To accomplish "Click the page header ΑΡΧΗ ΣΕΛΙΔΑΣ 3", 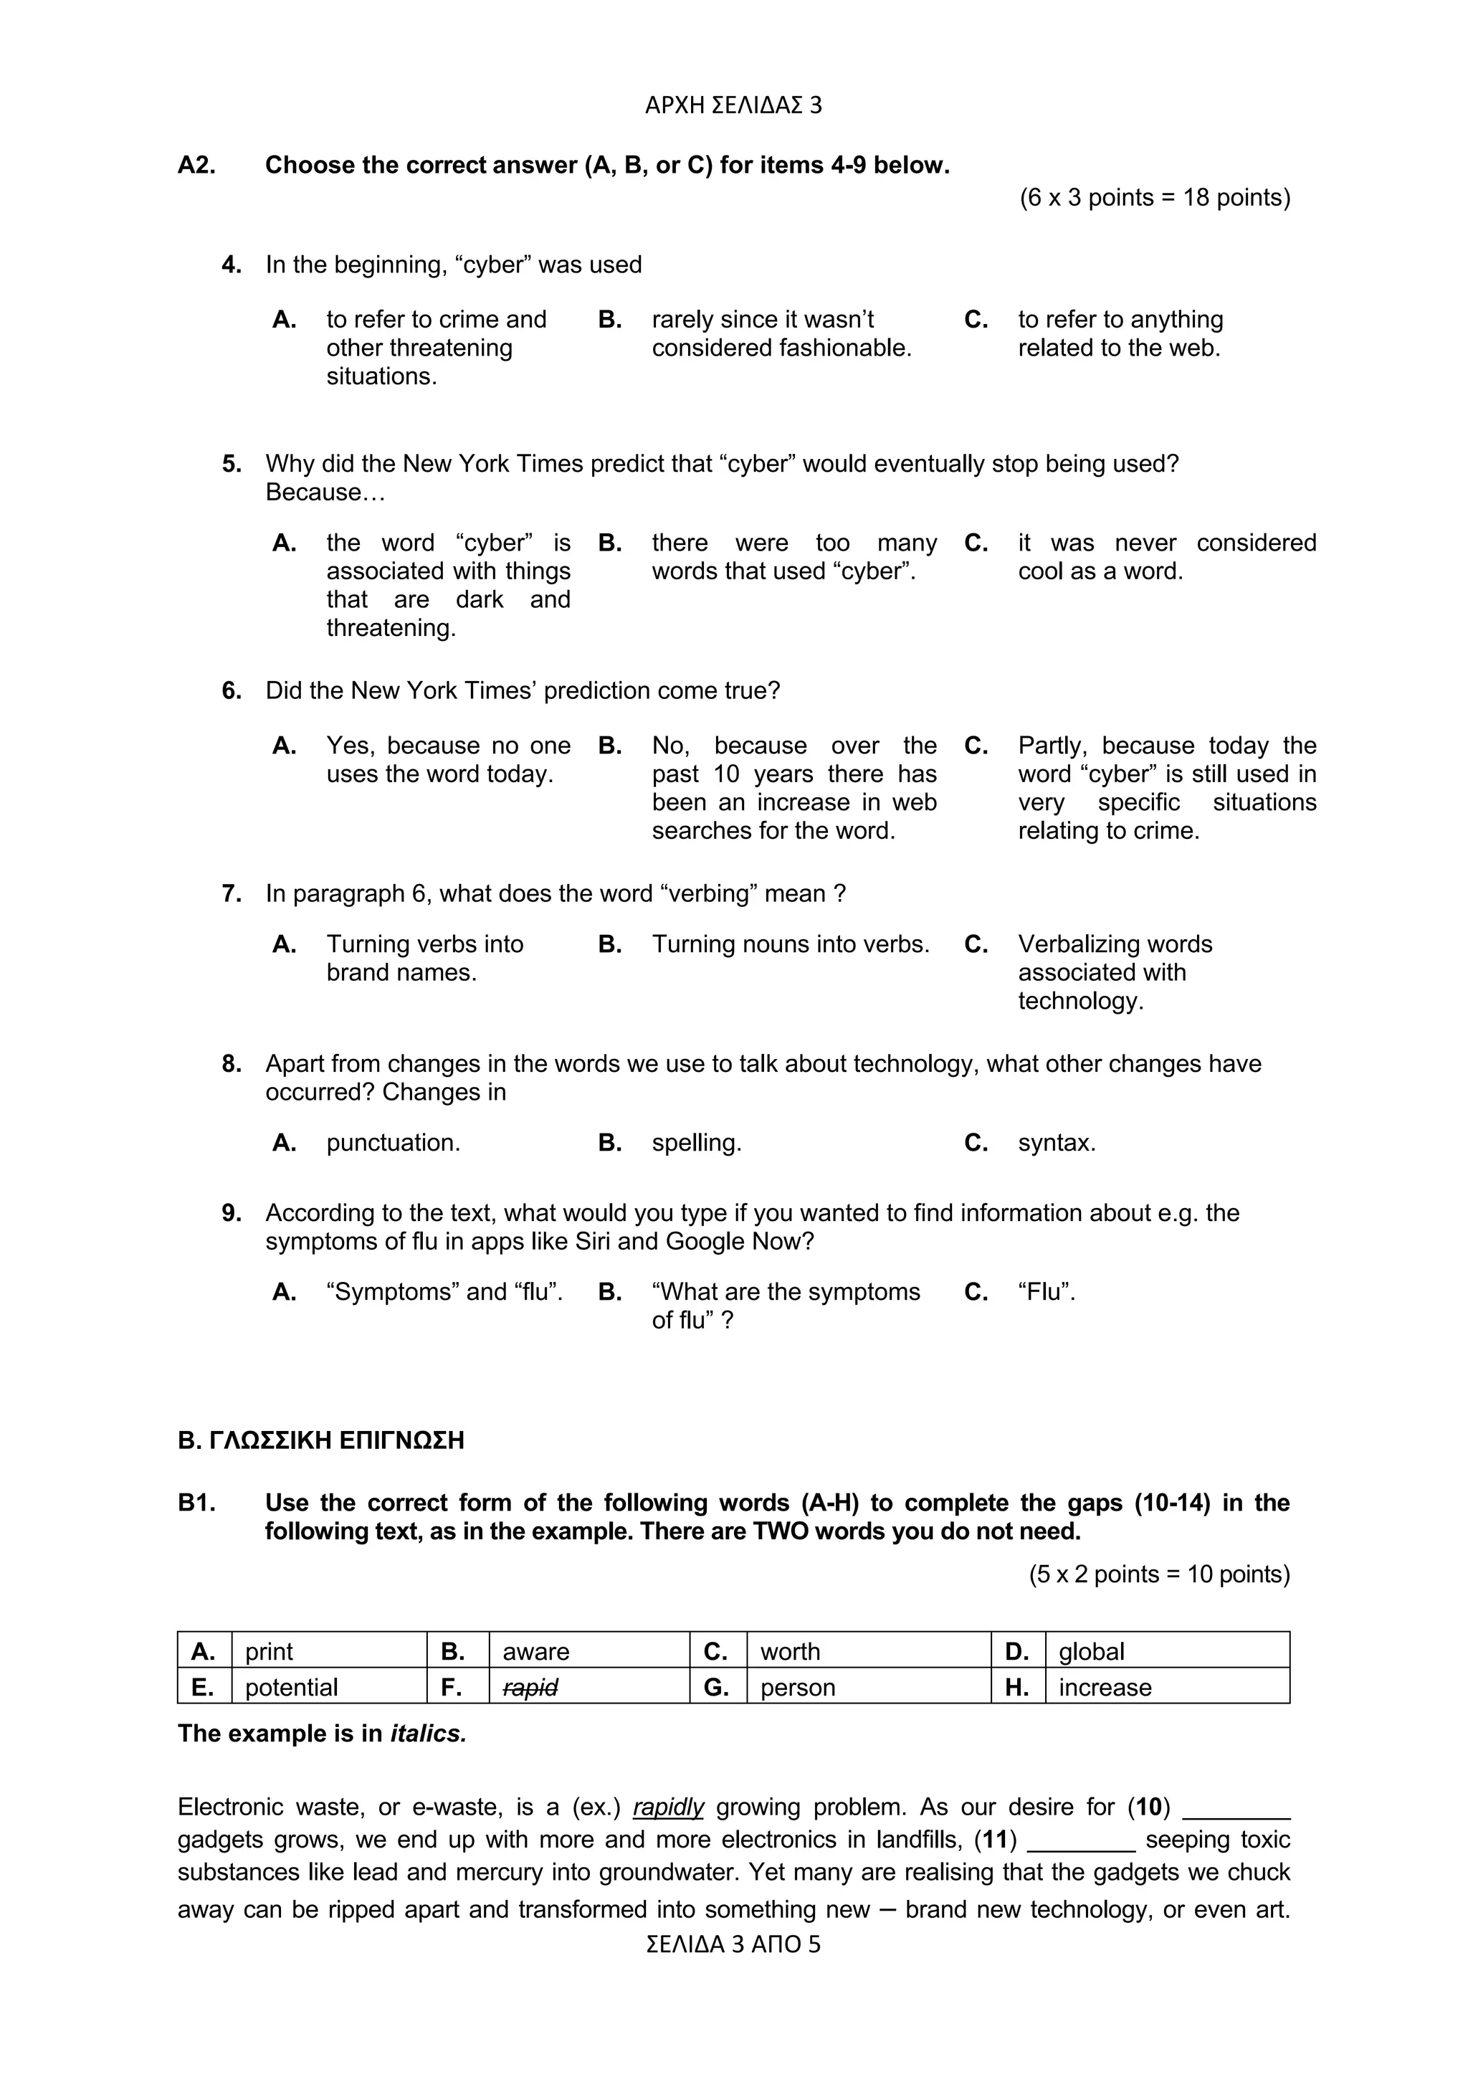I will click(733, 106).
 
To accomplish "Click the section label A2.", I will click(196, 166).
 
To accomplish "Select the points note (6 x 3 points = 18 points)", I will click(1154, 197).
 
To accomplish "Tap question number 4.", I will click(232, 265).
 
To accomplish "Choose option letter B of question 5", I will click(609, 543).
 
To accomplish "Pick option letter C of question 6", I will click(976, 746).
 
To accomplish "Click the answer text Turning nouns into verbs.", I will click(791, 944).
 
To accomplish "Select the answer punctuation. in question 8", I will click(393, 1143).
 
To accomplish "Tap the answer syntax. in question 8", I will click(1057, 1143).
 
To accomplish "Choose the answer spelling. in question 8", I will click(697, 1143).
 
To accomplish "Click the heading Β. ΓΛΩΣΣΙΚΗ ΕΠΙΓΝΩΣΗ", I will click(321, 1440).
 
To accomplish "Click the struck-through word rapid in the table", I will click(530, 1687).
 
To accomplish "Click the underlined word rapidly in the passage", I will click(669, 1807).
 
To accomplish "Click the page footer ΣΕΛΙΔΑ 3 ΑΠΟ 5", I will click(733, 1944).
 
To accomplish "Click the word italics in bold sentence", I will click(428, 1734).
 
